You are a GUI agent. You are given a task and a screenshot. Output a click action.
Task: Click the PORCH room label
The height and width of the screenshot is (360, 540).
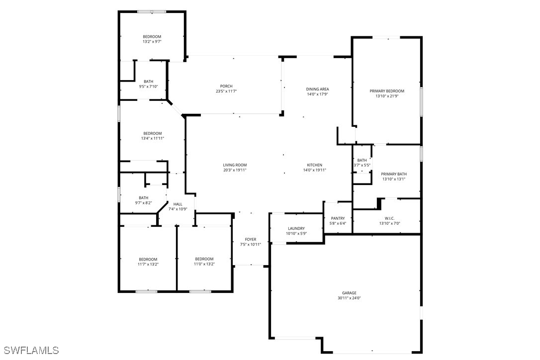[x=226, y=86]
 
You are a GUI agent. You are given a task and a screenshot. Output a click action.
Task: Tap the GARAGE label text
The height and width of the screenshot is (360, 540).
[x=349, y=293]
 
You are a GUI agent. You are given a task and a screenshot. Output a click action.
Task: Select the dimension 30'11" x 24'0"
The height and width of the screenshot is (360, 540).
[x=349, y=298]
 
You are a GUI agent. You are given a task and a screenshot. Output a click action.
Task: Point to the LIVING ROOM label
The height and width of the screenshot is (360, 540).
[x=235, y=165]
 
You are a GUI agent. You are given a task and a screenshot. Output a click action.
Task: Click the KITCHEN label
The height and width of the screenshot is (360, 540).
[x=315, y=165]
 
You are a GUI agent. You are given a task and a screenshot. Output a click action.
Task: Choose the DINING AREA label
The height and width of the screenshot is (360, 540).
[x=318, y=89]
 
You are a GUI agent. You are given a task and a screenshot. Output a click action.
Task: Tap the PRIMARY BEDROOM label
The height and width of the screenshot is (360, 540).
[x=387, y=91]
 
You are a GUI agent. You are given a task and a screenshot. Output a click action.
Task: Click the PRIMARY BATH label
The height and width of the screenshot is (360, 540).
[x=394, y=174]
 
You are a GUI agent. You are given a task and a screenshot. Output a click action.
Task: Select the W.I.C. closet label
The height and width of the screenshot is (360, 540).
[x=389, y=218]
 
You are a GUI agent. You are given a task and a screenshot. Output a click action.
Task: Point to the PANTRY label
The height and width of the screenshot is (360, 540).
[x=338, y=218]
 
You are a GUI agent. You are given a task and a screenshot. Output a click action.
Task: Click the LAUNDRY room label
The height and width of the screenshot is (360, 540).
[x=296, y=228]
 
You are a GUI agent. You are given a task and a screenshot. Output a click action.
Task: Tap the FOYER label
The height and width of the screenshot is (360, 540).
[x=251, y=240]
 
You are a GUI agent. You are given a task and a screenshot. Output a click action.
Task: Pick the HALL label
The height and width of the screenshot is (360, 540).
[x=178, y=204]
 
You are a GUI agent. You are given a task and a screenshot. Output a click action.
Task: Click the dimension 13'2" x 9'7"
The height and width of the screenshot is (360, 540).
[x=152, y=42]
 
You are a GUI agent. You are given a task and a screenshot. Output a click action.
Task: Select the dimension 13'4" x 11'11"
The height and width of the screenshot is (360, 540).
[x=153, y=139]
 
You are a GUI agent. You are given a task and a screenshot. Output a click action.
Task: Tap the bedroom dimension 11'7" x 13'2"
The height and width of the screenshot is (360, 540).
[x=148, y=264]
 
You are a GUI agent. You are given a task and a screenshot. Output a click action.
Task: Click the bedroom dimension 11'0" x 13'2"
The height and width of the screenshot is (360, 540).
[x=204, y=264]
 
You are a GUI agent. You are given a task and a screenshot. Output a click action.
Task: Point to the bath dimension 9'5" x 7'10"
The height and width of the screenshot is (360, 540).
[x=149, y=87]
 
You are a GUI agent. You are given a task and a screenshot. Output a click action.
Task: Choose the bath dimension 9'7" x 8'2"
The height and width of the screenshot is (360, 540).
[x=144, y=203]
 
